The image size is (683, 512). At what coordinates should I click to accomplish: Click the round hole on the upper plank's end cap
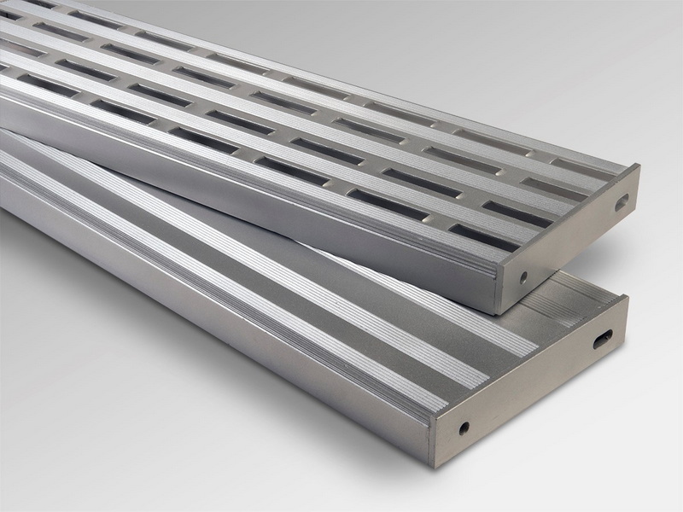[x=522, y=277]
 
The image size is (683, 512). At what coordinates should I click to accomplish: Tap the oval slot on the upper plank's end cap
[x=621, y=202]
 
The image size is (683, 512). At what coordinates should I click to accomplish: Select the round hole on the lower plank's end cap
[x=464, y=428]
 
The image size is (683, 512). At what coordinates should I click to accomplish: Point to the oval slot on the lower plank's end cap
[x=603, y=339]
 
